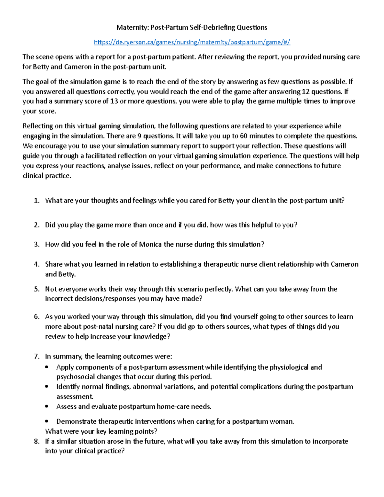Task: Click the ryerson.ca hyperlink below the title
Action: pyautogui.click(x=192, y=42)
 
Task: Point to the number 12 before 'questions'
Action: pyautogui.click(x=306, y=92)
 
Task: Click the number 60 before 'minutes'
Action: pyautogui.click(x=244, y=136)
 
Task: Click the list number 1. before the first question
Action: pyautogui.click(x=37, y=201)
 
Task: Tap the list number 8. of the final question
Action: pyautogui.click(x=37, y=441)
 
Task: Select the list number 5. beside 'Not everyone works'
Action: pyautogui.click(x=37, y=289)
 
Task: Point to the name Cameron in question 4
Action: pyautogui.click(x=344, y=264)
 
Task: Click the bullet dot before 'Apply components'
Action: pyautogui.click(x=47, y=367)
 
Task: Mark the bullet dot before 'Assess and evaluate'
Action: pyautogui.click(x=47, y=407)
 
